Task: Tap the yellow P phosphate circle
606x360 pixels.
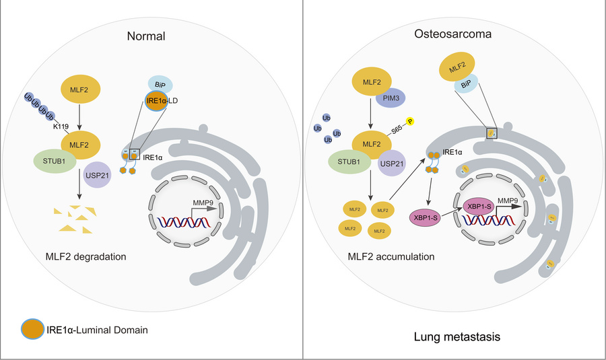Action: coord(410,121)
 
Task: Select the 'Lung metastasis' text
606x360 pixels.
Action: coord(456,335)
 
